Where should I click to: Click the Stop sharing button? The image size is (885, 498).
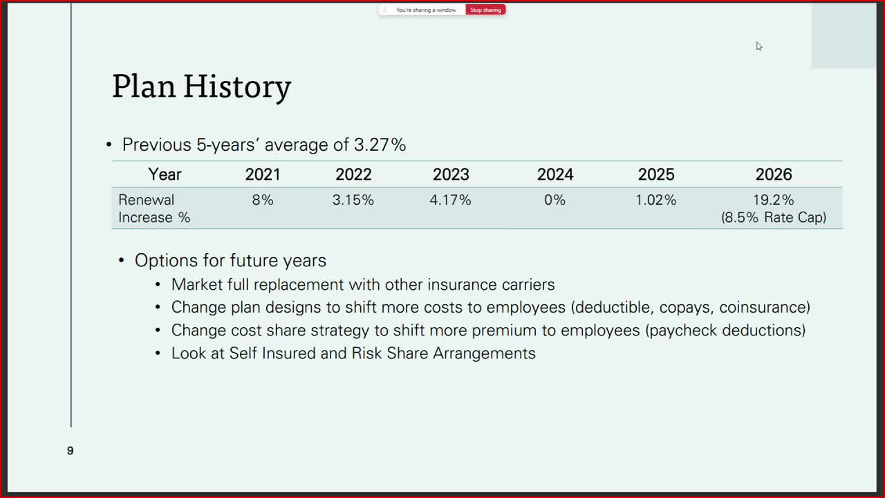coord(485,10)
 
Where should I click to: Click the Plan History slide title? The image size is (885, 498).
coord(202,87)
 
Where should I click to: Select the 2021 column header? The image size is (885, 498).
coord(263,175)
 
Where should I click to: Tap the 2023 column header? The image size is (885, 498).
coord(451,175)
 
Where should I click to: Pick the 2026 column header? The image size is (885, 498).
coord(774,175)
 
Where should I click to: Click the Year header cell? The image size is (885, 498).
coord(165,175)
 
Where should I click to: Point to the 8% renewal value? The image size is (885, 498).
coord(263,200)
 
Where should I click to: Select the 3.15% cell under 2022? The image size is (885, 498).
coord(353,200)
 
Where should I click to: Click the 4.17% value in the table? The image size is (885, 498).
coord(450,200)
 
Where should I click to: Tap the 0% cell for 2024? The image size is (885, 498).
coord(555,200)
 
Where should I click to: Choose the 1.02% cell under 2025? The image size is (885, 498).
coord(656,200)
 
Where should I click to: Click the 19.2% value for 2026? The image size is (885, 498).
coord(773,200)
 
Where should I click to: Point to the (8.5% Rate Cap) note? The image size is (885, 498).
coord(774,217)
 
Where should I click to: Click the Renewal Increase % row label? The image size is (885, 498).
coord(154,209)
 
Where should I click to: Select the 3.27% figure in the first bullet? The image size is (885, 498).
coord(380,145)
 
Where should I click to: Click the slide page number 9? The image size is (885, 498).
coord(70,450)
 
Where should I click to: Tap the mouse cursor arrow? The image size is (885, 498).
coord(759,46)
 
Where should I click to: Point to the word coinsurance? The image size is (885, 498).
coord(762,308)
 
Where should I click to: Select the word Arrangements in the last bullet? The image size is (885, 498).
coord(485,353)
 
